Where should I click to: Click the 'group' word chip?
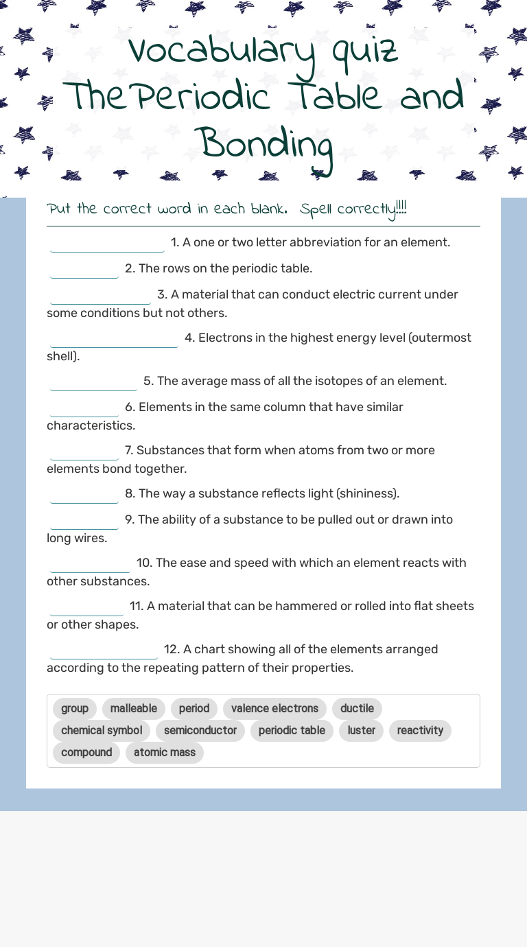[75, 708]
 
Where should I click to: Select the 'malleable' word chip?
[134, 708]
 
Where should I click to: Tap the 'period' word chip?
[194, 708]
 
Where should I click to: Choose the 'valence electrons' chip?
[274, 708]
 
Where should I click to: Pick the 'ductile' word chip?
[357, 708]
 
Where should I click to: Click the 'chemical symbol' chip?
[102, 730]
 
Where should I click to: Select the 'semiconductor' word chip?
[200, 730]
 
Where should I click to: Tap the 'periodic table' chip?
[292, 730]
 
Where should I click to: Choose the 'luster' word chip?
[361, 730]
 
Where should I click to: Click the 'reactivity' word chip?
[420, 730]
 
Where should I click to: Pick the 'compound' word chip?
[86, 752]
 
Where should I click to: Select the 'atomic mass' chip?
[165, 752]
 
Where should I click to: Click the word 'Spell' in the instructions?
[316, 209]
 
